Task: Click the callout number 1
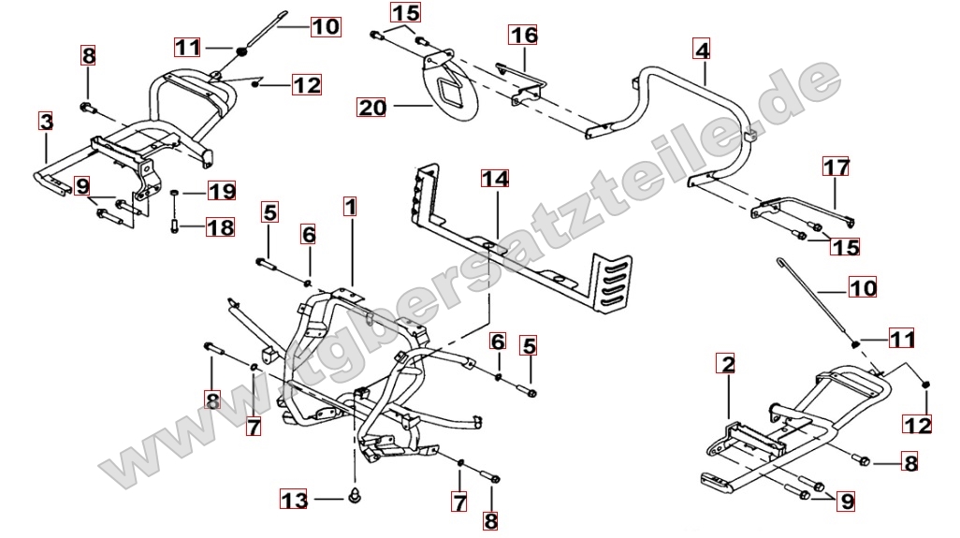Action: click(349, 205)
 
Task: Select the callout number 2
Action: click(728, 361)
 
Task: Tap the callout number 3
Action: click(46, 121)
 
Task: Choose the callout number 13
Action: click(295, 502)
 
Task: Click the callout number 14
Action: click(494, 177)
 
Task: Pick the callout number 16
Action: click(524, 36)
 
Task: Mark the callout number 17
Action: click(836, 167)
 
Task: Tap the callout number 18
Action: click(221, 226)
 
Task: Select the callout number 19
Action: click(221, 193)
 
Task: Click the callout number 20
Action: click(371, 108)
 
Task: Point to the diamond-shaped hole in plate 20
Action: click(453, 91)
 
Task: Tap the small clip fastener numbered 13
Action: click(356, 494)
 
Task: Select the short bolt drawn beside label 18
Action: click(175, 225)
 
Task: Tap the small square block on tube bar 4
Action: click(748, 138)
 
